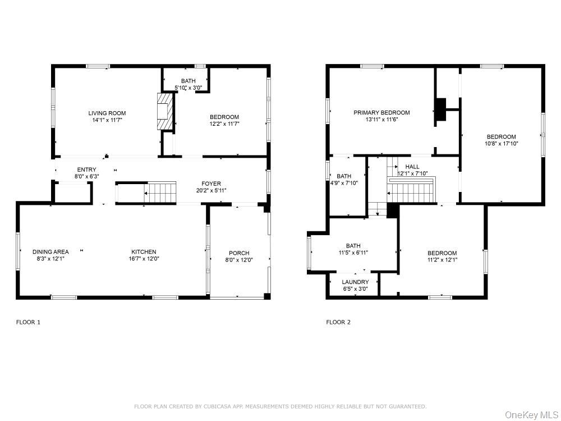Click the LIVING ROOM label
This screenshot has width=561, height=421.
pos(107,113)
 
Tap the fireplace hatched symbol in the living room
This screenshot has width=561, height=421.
pos(163,111)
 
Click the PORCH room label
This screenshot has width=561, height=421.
pos(239,253)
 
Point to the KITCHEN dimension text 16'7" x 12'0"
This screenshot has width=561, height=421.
pos(144,259)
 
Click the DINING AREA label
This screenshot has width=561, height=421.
pos(50,251)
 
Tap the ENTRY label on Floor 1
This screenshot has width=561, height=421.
pos(86,170)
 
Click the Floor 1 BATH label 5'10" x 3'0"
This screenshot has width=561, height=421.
pos(188,88)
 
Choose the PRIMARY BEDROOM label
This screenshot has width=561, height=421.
pos(381,112)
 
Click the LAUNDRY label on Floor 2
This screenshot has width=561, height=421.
pos(355,282)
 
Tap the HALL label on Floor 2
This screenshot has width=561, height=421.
pos(412,167)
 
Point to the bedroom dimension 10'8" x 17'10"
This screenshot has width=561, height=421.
pos(501,144)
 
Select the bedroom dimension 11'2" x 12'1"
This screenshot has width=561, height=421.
pos(442,260)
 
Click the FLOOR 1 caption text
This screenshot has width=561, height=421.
pos(28,322)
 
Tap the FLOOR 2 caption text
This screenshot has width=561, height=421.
pos(338,322)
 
